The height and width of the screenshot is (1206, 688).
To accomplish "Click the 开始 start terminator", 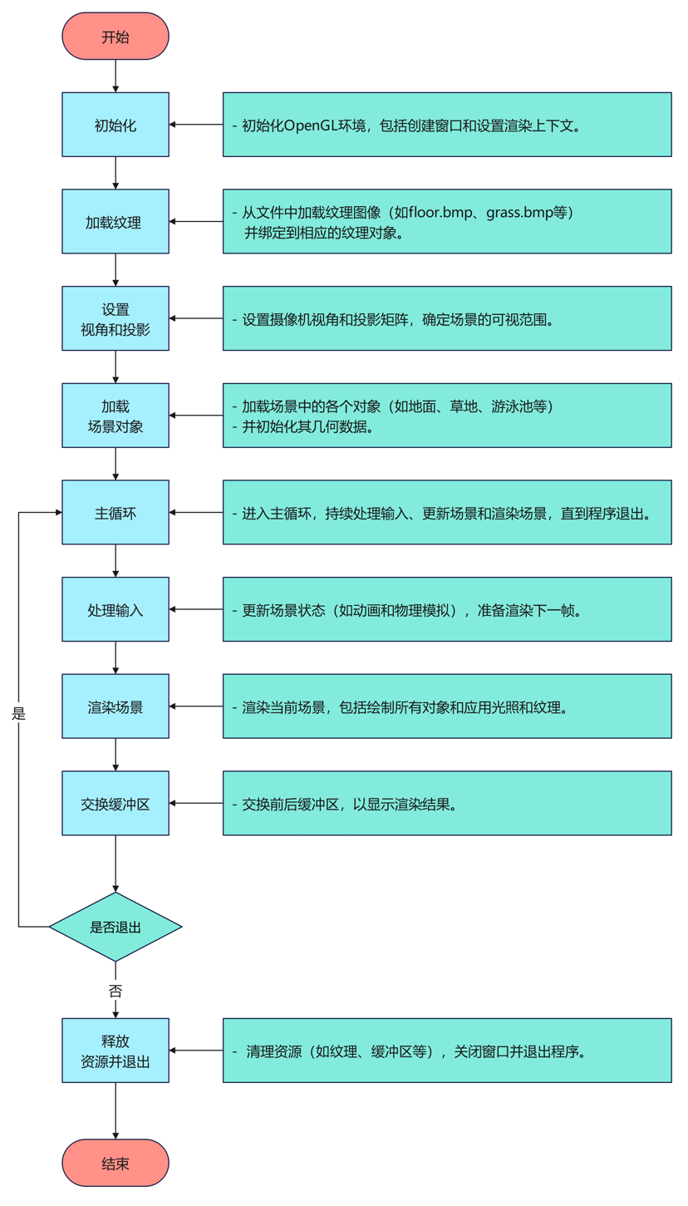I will [x=115, y=37].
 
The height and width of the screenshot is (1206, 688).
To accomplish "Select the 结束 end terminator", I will [x=115, y=1163].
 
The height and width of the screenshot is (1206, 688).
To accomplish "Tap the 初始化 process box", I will [x=115, y=125].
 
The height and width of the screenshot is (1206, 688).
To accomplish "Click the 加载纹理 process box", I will [x=115, y=222].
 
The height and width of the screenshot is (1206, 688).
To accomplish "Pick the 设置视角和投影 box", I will [x=115, y=318].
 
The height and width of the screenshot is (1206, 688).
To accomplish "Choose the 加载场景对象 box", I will [x=115, y=416].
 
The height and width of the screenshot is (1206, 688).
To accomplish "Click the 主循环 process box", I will [x=115, y=512].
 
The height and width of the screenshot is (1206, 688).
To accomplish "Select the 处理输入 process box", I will [x=115, y=609].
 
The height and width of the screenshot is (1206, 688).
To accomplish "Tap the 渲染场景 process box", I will [x=115, y=706].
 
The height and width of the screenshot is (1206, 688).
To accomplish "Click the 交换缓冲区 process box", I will [x=115, y=803].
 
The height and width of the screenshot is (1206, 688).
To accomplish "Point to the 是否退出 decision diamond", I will [x=115, y=927].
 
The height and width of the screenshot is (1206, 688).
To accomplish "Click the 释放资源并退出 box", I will [x=115, y=1051].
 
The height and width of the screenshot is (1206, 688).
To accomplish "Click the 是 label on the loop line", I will [x=19, y=713].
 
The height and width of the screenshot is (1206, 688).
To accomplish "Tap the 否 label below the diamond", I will [x=115, y=990].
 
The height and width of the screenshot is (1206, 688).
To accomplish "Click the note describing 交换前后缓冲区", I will [x=447, y=804].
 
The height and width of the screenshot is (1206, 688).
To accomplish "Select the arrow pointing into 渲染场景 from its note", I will [x=196, y=706].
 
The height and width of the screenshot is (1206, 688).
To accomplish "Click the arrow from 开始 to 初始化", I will [x=115, y=76].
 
